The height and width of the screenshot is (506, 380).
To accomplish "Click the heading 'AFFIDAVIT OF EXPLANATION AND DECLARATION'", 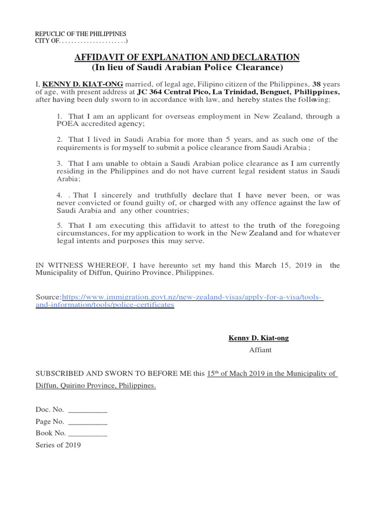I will click(187, 58).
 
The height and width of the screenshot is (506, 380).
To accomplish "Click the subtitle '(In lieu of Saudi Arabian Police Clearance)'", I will click(187, 68).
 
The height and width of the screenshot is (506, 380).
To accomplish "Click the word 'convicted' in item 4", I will click(88, 202).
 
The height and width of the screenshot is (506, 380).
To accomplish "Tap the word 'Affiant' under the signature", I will click(260, 350).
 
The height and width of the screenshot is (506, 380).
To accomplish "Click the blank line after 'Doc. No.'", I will click(87, 410).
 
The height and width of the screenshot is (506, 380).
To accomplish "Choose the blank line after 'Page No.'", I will click(87, 422).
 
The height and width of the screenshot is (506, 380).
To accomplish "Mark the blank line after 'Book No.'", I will click(87, 433).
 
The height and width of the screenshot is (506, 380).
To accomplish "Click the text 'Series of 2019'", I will click(58, 445).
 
